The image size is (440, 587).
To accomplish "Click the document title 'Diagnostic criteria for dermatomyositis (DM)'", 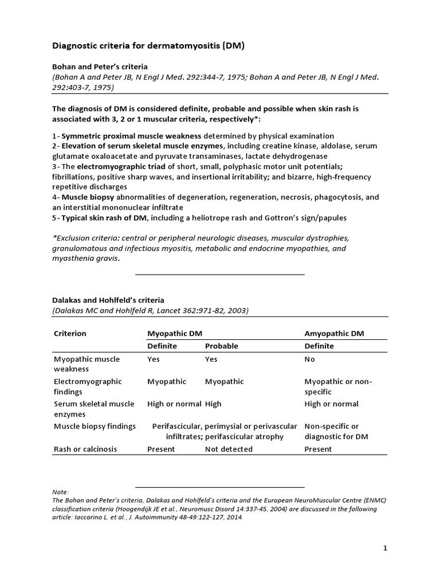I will (x=148, y=45).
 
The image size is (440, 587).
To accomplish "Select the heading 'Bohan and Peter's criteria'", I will (x=100, y=66).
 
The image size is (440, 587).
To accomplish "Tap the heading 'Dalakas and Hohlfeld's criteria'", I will (x=108, y=300).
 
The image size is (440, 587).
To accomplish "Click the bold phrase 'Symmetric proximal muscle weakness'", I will (x=131, y=136).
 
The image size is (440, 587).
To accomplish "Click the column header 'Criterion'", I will (x=70, y=333).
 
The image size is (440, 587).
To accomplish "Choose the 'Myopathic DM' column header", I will (x=174, y=333).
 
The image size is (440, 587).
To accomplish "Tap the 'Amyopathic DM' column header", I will (x=335, y=333).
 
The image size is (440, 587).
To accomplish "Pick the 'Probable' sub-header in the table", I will (x=221, y=346).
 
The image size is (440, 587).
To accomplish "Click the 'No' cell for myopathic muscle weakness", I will (x=309, y=359).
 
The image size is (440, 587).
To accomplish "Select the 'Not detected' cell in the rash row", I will (x=229, y=449).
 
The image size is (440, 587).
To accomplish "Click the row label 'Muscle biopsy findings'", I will (x=95, y=426).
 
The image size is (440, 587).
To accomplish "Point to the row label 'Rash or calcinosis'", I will (x=85, y=449).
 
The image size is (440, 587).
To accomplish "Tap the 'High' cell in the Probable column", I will (x=213, y=404).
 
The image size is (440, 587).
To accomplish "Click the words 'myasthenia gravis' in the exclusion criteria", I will (x=86, y=258).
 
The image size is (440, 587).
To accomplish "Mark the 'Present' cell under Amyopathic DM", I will (x=318, y=449).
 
